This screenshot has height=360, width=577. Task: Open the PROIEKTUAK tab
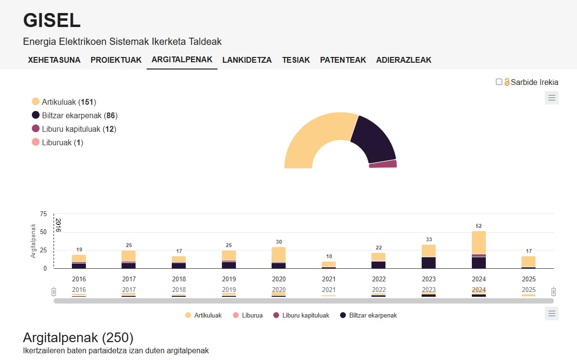116,60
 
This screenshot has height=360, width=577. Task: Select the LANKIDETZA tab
247,60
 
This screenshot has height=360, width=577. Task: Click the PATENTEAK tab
343,60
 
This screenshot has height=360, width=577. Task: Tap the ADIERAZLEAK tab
404,60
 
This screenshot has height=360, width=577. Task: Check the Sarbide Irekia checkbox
499,82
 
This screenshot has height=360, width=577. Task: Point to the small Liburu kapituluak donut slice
383,164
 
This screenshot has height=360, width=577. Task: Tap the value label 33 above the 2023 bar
429,239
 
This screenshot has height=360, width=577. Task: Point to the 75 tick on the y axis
43,214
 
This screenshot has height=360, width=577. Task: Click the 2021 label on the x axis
329,279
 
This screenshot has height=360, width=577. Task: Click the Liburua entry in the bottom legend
247,315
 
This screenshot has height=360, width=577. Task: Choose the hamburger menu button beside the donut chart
552,98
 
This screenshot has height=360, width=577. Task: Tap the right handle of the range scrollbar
553,291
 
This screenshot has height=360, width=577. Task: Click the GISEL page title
52,20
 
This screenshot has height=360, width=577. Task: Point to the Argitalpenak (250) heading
78,337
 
